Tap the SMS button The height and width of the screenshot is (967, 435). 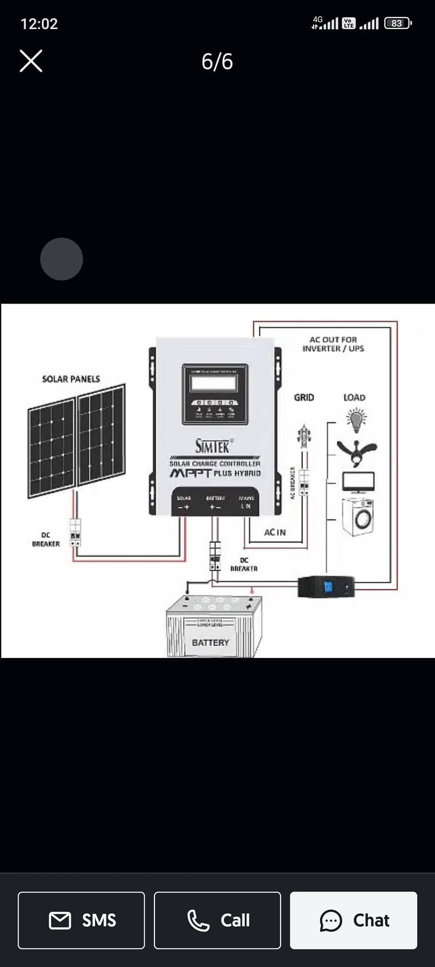[x=82, y=920]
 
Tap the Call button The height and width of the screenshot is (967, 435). [x=217, y=920]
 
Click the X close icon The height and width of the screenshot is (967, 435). [x=31, y=61]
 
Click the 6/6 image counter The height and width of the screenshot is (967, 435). [x=217, y=61]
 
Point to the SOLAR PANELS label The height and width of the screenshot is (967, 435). [x=71, y=379]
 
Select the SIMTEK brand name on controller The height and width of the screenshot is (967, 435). [x=213, y=446]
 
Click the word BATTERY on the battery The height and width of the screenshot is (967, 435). [x=210, y=643]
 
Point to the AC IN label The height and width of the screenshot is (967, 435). [x=275, y=532]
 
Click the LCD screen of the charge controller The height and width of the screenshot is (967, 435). [x=214, y=383]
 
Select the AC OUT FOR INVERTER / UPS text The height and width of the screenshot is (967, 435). [x=333, y=344]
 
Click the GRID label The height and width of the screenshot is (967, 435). [x=304, y=398]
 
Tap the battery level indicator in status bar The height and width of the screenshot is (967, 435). [x=397, y=23]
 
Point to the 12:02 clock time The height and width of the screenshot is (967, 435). [x=39, y=24]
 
